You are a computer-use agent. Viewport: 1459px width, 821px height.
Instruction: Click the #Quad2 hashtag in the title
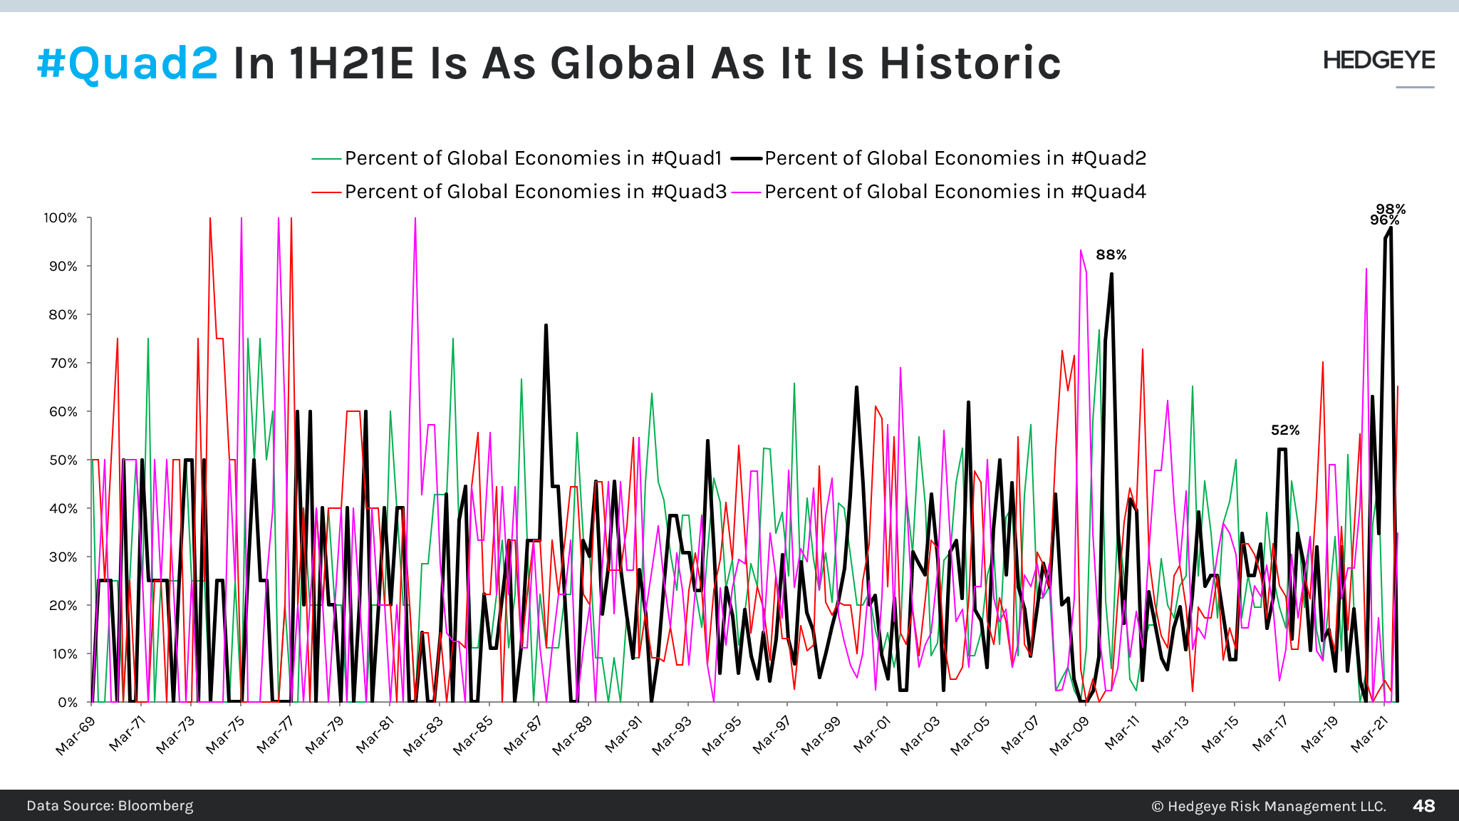(128, 63)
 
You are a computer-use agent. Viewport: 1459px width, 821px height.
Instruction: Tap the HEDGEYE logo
(1378, 61)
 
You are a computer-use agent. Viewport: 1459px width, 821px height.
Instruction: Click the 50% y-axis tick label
(63, 460)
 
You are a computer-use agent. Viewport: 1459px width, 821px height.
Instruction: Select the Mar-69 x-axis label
(76, 735)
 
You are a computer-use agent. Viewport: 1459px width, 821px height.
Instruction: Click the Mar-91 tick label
(623, 735)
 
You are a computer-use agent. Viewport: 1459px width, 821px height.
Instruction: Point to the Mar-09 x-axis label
(1070, 735)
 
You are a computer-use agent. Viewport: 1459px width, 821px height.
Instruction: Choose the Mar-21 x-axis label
(1370, 735)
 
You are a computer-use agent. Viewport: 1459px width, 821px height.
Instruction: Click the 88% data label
(1111, 255)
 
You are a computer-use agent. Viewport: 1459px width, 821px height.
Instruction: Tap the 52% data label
(1285, 430)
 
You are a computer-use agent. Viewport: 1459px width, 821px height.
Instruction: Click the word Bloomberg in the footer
(155, 806)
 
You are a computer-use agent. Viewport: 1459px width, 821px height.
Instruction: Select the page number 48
(1423, 806)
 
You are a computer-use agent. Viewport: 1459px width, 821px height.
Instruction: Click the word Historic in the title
(970, 63)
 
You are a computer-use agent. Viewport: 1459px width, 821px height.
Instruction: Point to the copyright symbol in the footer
(1157, 807)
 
